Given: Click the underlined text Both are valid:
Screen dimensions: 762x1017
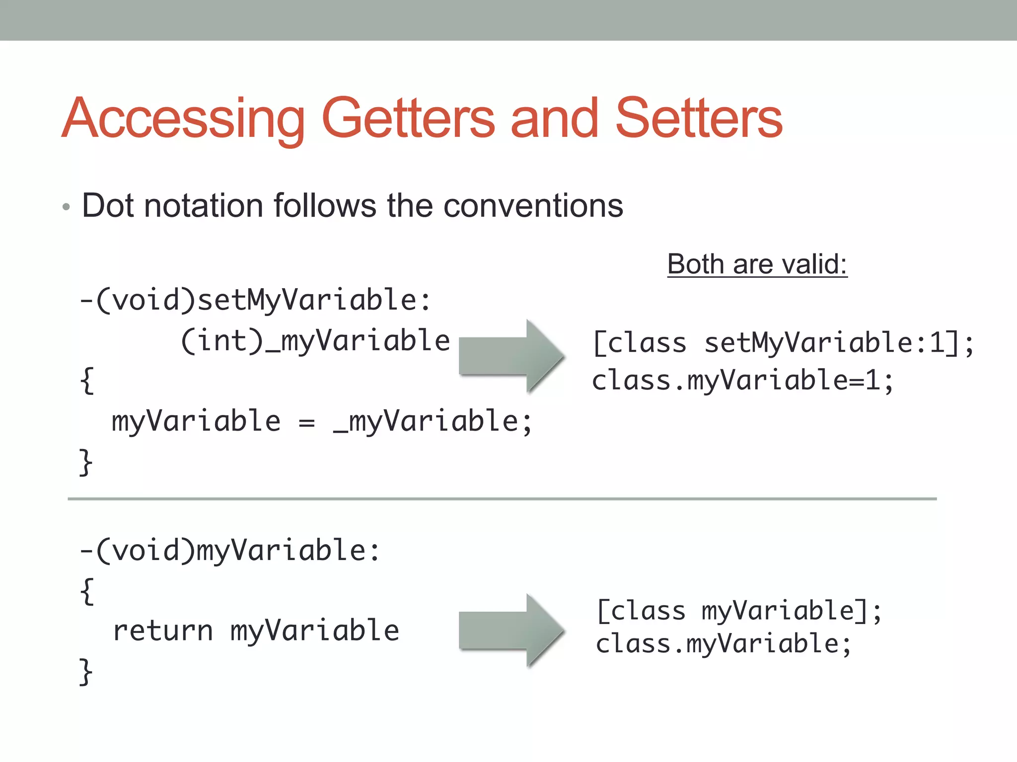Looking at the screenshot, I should (x=757, y=264).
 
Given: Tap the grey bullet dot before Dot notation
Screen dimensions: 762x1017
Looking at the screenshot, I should (x=66, y=207).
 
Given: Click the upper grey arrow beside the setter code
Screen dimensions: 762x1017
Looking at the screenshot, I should (x=511, y=356).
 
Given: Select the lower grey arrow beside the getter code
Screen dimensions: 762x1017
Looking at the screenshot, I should (x=511, y=630).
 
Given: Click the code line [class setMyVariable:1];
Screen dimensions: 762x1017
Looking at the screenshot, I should (x=784, y=343).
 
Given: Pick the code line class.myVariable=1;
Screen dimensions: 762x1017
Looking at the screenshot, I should (x=742, y=381).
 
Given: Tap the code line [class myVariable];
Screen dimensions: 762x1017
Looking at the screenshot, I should (x=739, y=611).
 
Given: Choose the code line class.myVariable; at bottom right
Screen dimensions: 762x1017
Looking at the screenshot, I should (x=724, y=644).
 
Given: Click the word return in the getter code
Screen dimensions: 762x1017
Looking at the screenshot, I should (x=163, y=631).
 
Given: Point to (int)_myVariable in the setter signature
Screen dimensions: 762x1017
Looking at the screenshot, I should (x=315, y=341).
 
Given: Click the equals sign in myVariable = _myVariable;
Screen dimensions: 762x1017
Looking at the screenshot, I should (x=307, y=423).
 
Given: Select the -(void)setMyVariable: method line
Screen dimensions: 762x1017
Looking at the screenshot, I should (x=255, y=301).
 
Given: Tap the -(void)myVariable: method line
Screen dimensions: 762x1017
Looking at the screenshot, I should (x=230, y=551).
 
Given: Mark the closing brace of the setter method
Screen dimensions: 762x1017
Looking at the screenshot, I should (x=86, y=462).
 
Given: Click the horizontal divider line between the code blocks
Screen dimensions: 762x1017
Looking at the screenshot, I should (x=502, y=499).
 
